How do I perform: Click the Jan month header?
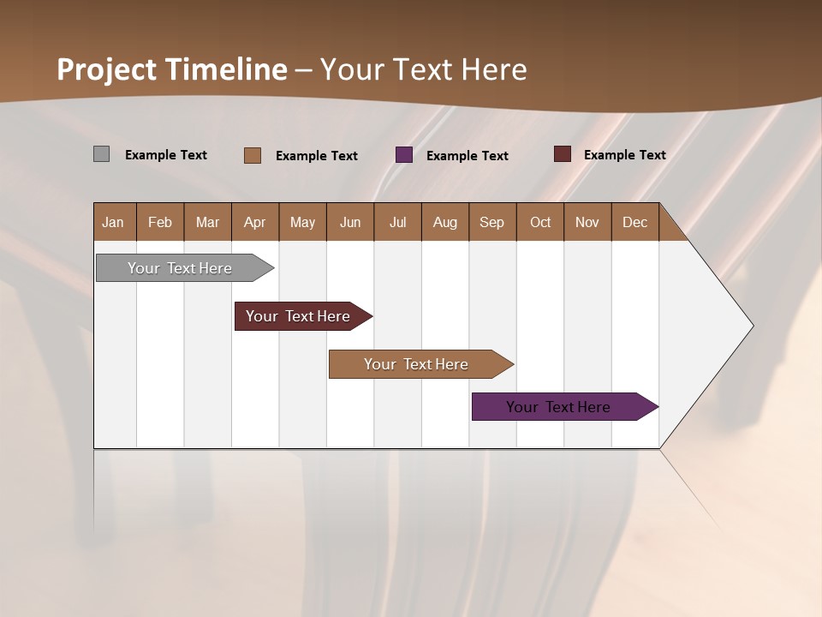point(114,222)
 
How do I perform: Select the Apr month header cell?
point(255,222)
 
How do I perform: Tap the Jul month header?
point(397,222)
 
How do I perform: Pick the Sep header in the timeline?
point(492,222)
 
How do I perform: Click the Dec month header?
point(634,222)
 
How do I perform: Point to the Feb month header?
point(160,222)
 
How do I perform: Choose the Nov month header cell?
point(587,222)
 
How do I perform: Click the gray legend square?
point(101,154)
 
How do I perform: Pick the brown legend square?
point(253,155)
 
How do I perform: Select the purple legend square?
point(404,155)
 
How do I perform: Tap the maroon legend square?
point(562,154)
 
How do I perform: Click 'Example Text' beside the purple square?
point(468,156)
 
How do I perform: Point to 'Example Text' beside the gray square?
point(166,155)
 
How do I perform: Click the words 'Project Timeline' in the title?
point(172,69)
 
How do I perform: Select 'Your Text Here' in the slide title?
point(424,69)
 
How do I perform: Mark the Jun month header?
point(350,222)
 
